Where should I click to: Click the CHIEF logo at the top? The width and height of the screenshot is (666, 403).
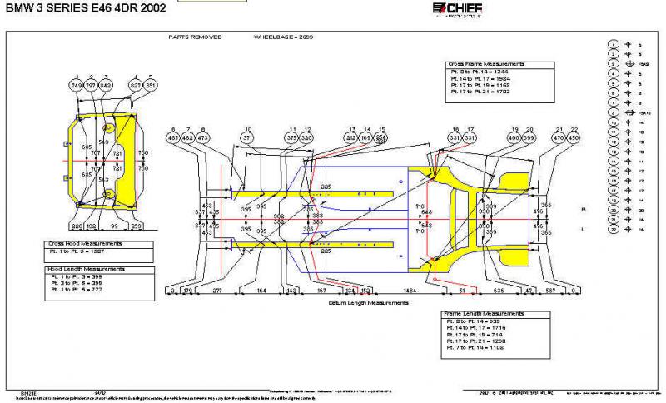click(457, 9)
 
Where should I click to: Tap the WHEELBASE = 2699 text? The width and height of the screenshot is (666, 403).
click(282, 37)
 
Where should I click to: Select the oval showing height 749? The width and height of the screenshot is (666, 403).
click(77, 85)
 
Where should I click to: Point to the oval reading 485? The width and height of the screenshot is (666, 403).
click(173, 137)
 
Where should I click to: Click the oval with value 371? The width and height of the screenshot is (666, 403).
click(247, 137)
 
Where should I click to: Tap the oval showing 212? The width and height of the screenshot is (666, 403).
click(350, 137)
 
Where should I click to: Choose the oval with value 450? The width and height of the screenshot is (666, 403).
click(573, 137)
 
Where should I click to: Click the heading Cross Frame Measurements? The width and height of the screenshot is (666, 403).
click(487, 64)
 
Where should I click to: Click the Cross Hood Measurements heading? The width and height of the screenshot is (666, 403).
click(84, 243)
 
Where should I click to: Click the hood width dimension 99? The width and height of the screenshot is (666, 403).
click(114, 226)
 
